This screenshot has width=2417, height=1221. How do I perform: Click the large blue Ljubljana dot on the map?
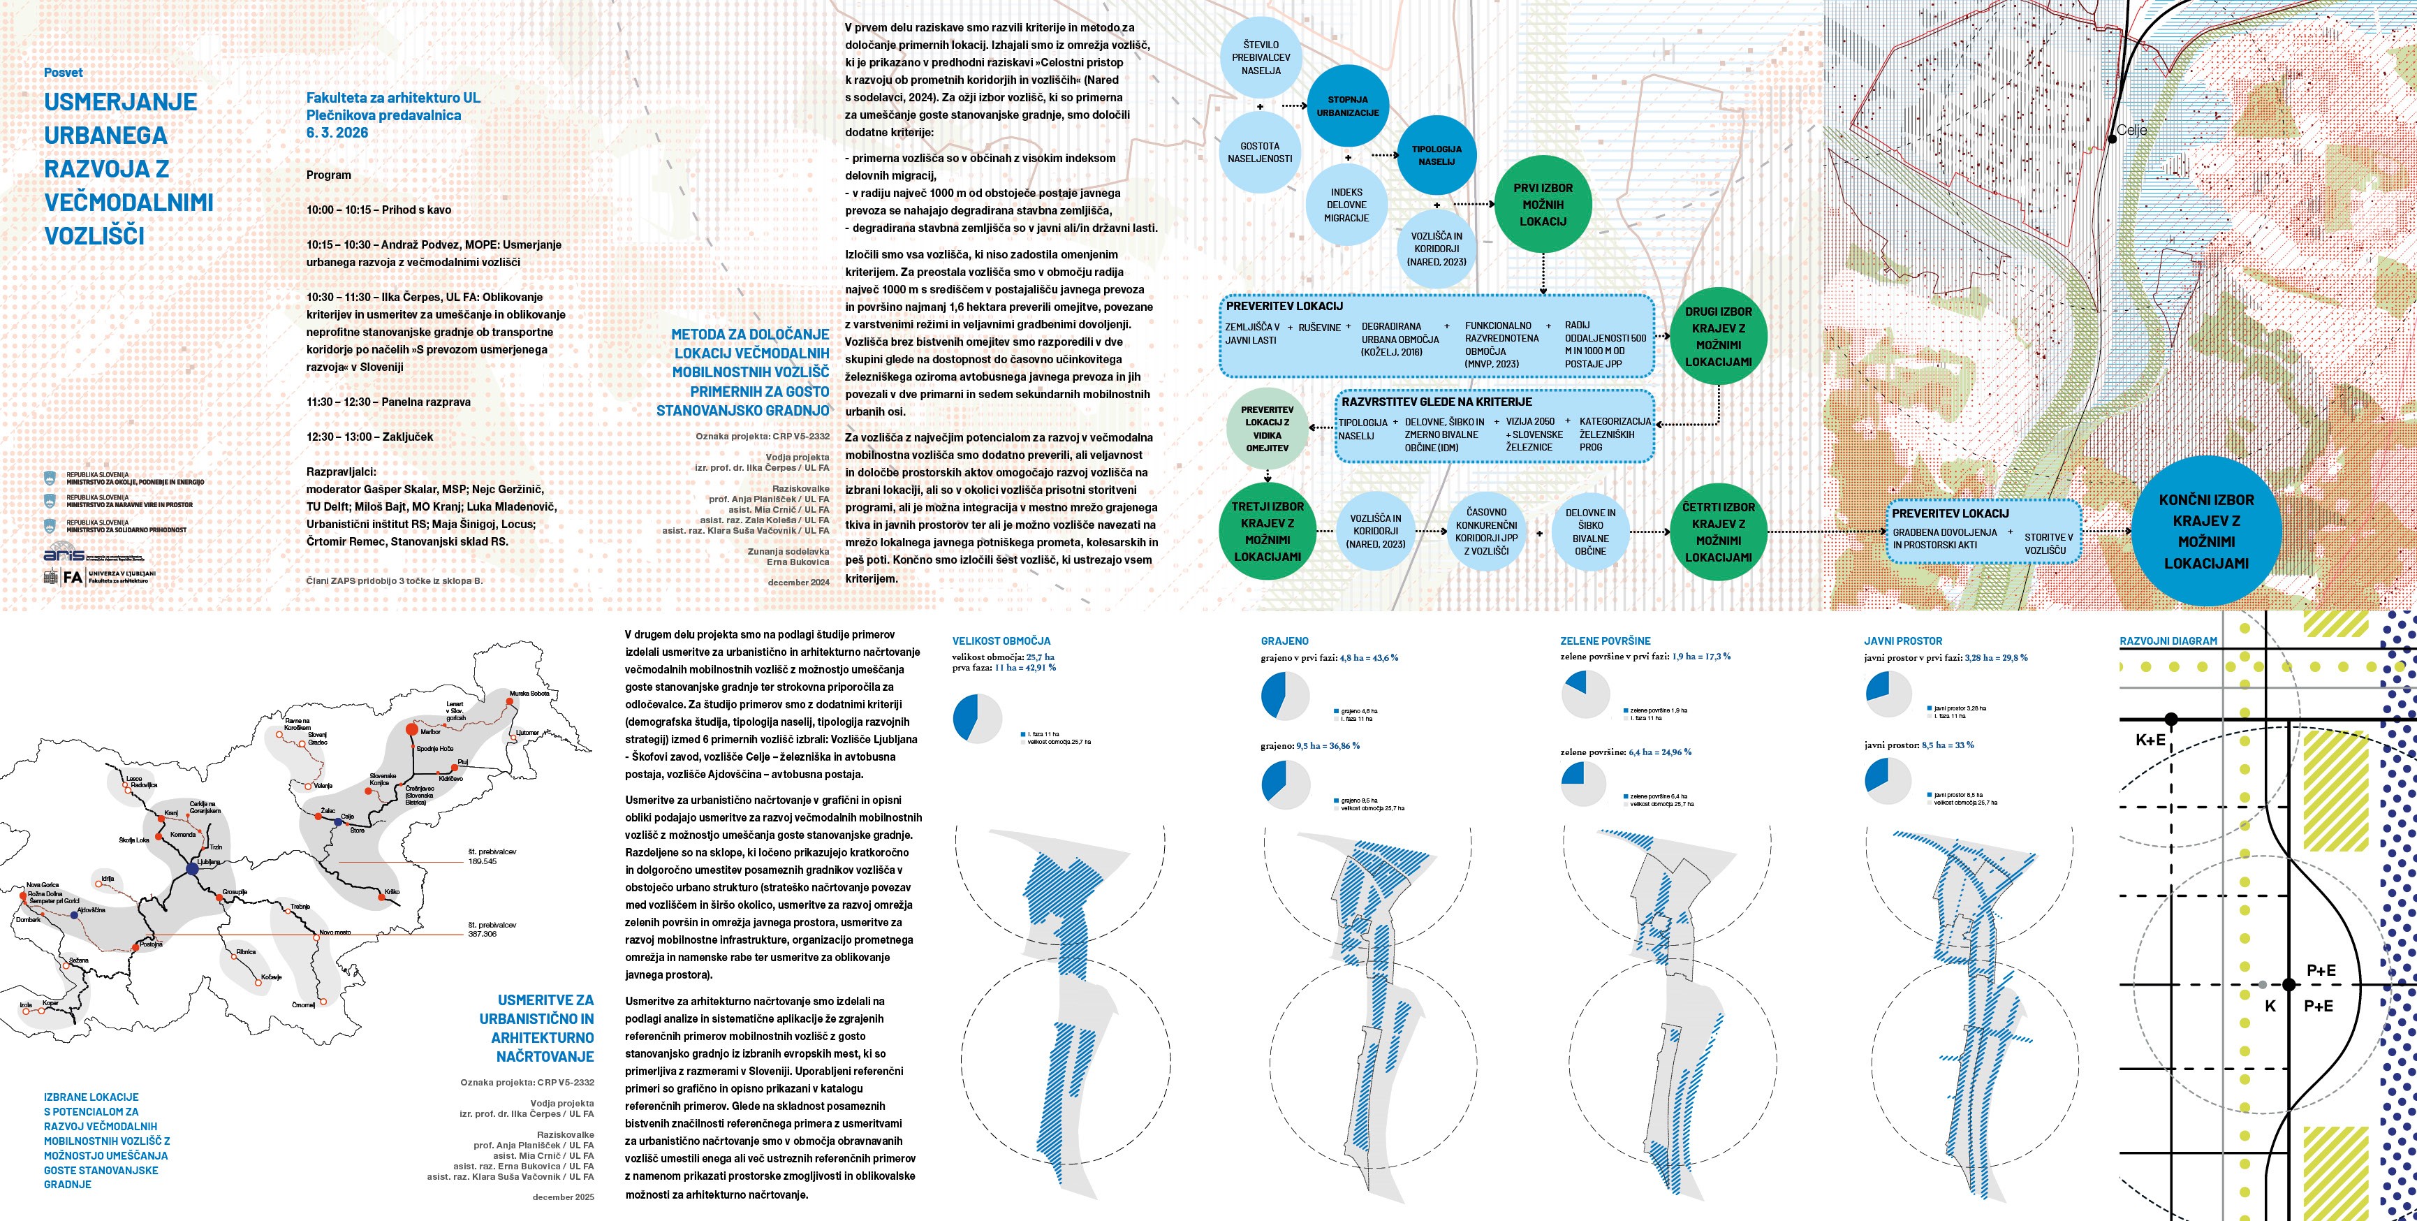[x=192, y=870]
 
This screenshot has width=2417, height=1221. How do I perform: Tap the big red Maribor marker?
[x=410, y=729]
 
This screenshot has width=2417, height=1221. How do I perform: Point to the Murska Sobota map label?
[x=529, y=694]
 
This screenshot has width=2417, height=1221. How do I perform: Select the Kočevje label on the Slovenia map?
[x=271, y=977]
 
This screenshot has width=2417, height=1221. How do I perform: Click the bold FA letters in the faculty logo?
[x=72, y=577]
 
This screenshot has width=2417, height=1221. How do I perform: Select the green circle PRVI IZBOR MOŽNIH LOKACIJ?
[x=1543, y=205]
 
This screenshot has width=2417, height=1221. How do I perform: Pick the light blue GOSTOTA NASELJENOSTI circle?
[x=1259, y=152]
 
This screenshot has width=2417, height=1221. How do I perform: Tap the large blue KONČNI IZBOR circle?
[x=2206, y=531]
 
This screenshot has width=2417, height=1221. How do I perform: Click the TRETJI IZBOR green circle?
[x=1267, y=531]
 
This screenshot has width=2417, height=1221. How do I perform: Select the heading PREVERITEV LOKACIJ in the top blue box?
[x=1284, y=306]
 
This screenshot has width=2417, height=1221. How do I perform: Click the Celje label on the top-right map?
[x=2132, y=131]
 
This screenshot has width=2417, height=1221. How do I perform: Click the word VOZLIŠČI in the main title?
[x=95, y=235]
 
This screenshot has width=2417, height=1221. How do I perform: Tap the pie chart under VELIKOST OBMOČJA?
[x=977, y=719]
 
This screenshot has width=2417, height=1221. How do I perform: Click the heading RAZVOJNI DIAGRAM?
[x=2168, y=641]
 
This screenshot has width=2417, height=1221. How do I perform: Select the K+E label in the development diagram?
[x=2150, y=740]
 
